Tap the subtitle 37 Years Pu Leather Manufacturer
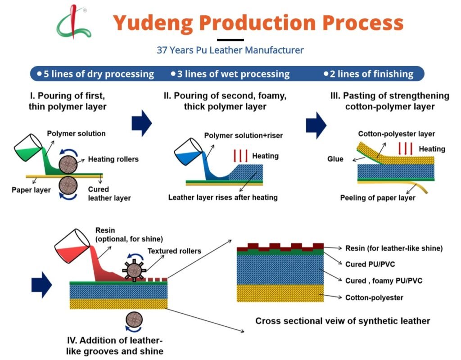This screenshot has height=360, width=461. click(230, 50)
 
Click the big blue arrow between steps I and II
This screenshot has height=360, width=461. click(142, 122)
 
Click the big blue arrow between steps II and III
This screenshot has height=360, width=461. click(316, 122)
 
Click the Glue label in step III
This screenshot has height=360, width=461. click(335, 159)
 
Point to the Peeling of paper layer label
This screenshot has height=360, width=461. click(377, 198)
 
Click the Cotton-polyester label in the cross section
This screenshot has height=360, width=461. click(374, 297)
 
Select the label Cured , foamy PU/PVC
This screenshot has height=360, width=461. click(384, 281)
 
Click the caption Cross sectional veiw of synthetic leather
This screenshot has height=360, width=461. click(343, 321)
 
